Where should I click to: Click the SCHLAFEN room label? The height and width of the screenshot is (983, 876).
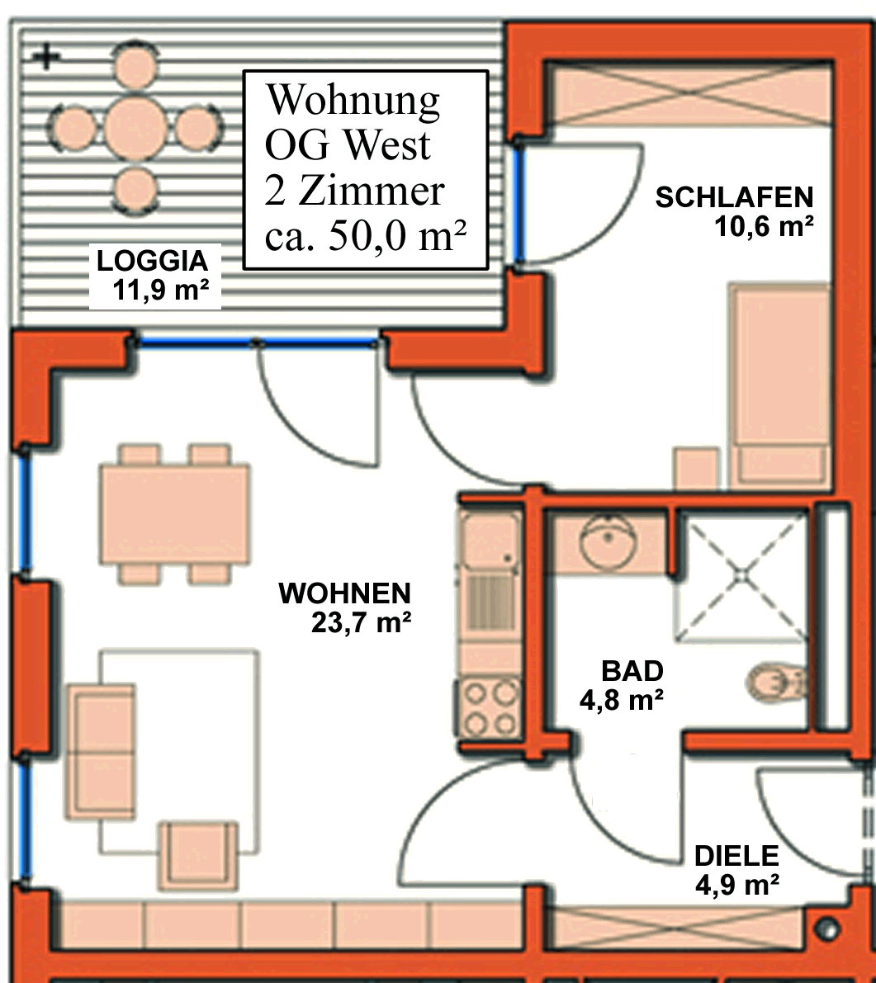734,198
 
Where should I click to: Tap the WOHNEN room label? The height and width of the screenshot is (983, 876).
344,593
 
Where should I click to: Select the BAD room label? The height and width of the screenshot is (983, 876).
632,670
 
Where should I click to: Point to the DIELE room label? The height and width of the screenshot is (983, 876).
736,856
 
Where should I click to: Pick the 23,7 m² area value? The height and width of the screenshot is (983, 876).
361,623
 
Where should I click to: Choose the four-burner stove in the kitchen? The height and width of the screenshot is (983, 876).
490,708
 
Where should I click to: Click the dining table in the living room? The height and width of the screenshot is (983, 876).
174,513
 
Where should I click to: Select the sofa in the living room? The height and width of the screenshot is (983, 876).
102,750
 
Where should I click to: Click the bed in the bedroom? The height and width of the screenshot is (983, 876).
779,384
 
